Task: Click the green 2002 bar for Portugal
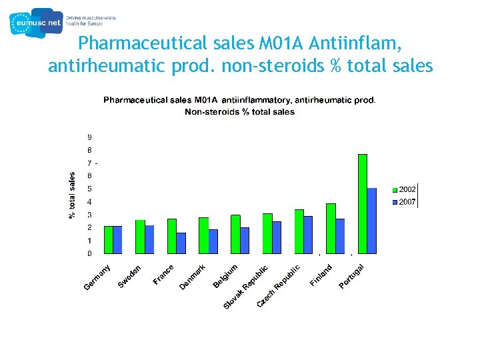[363, 203]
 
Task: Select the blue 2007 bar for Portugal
[372, 221]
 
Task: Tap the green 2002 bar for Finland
[331, 228]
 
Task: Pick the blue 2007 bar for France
[181, 243]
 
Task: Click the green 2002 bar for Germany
[109, 239]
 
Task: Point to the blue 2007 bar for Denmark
[213, 241]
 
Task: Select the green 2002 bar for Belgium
[235, 234]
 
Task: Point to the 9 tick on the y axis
[90, 137]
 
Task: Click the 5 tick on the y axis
[90, 189]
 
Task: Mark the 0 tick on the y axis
[90, 253]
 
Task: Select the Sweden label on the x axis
[129, 277]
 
